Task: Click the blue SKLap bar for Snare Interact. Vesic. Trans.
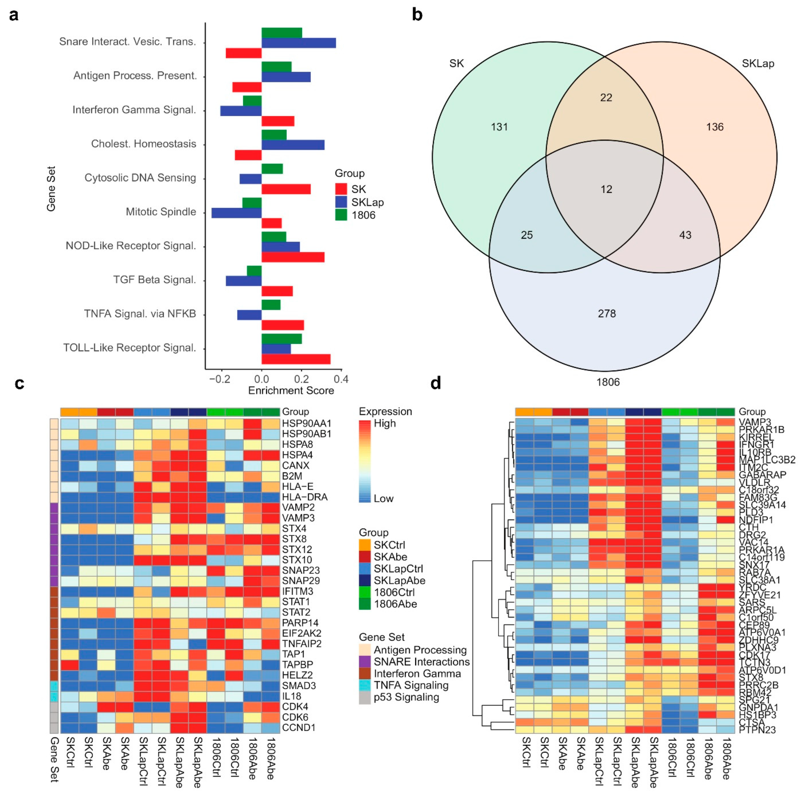tap(298, 43)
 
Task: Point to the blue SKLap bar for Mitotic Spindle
tap(236, 212)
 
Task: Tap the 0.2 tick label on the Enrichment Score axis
tap(301, 379)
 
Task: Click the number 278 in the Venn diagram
tap(606, 313)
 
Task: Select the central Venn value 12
tap(606, 189)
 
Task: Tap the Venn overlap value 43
tap(685, 235)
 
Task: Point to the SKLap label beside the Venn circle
tap(758, 64)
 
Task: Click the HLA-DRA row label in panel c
tap(304, 497)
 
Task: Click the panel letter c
tap(19, 383)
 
